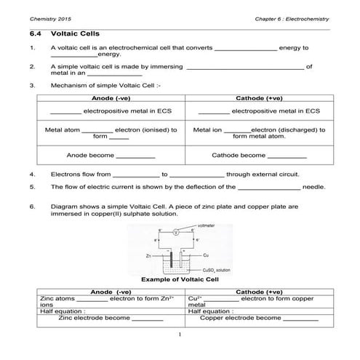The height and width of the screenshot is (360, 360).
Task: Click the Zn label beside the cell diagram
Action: point(148,256)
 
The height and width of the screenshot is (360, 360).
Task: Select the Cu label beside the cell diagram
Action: point(206,255)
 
